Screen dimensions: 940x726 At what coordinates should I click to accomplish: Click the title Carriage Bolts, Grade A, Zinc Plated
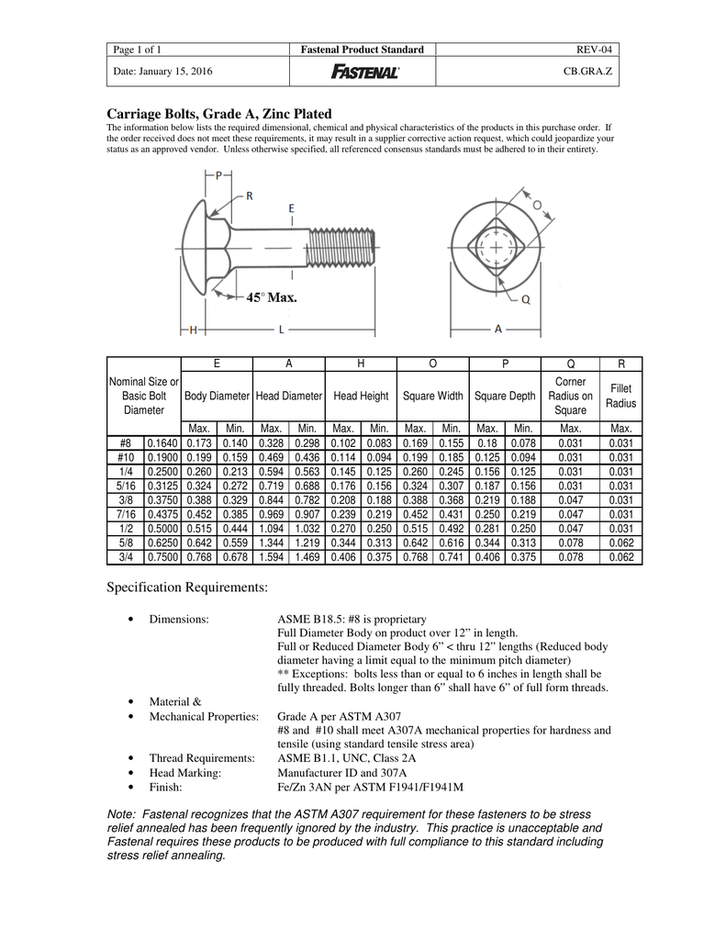click(219, 112)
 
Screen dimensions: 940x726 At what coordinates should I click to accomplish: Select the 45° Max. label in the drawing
click(272, 297)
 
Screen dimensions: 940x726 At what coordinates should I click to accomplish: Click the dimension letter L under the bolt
click(281, 328)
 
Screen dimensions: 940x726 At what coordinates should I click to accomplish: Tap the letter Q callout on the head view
click(525, 298)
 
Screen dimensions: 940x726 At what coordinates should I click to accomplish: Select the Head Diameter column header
click(289, 396)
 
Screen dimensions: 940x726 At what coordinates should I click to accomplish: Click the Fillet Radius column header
click(620, 396)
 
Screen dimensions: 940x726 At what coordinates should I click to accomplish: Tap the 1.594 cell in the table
click(271, 557)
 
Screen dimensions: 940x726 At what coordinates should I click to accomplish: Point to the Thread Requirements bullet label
click(201, 757)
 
